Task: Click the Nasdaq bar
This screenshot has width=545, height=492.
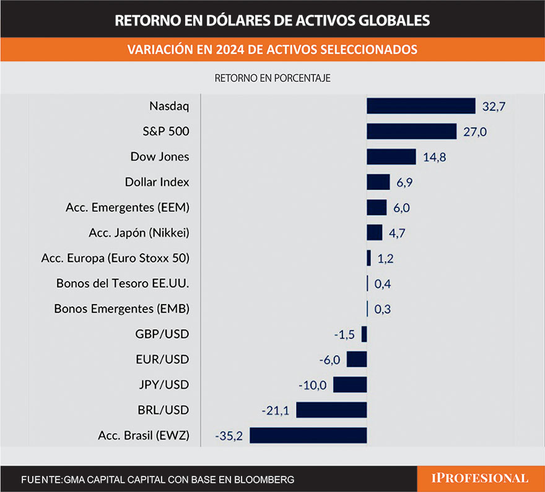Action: coord(421,106)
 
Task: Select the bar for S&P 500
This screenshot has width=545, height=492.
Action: coord(412,131)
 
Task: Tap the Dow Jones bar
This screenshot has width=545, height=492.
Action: coord(391,157)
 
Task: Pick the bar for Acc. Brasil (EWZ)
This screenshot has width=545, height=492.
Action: coord(308,435)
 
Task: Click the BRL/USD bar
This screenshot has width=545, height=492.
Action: coord(331,410)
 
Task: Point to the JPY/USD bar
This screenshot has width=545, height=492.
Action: coord(350,384)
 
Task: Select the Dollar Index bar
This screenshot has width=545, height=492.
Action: coord(378,182)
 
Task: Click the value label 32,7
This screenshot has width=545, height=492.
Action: coord(494,106)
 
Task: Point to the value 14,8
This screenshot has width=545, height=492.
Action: coord(434,157)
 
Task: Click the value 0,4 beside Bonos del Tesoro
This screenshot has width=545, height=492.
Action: coord(383,284)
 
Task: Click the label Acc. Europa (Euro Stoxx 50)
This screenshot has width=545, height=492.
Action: coord(115,258)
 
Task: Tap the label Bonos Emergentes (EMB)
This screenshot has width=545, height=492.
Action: coord(122,309)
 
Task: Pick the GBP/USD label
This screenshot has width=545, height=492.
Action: coord(162,334)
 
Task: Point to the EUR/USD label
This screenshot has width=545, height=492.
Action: coord(162,360)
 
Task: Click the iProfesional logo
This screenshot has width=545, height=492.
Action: coord(480,478)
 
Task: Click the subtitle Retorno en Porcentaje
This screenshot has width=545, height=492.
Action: coord(272,79)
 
